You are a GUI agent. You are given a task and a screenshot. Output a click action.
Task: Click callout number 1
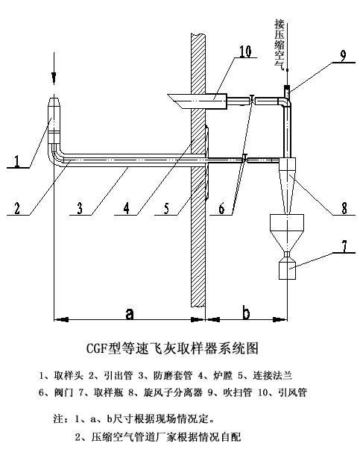(17, 161)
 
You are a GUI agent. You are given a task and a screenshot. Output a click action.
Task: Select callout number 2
(17, 208)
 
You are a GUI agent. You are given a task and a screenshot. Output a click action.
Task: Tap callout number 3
(80, 208)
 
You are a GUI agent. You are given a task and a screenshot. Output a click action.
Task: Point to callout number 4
(126, 208)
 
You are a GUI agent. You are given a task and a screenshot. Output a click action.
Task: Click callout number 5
(167, 208)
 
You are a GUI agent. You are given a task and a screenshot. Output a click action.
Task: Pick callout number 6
(222, 208)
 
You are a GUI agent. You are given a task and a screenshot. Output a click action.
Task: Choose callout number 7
(344, 246)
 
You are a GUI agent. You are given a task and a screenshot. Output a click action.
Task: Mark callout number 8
(344, 208)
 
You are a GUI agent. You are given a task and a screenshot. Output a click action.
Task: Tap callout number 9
(343, 56)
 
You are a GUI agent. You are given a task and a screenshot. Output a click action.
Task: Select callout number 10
(244, 51)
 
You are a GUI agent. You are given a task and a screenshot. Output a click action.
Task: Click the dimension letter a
(129, 313)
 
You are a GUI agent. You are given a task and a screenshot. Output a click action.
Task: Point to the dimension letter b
(246, 313)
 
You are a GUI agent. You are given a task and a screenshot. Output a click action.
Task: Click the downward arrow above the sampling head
(54, 69)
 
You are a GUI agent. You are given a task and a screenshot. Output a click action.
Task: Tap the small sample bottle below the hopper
(287, 269)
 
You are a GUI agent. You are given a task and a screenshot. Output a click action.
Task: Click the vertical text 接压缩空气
(279, 45)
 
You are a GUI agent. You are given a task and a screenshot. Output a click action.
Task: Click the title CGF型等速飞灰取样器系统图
(172, 348)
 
